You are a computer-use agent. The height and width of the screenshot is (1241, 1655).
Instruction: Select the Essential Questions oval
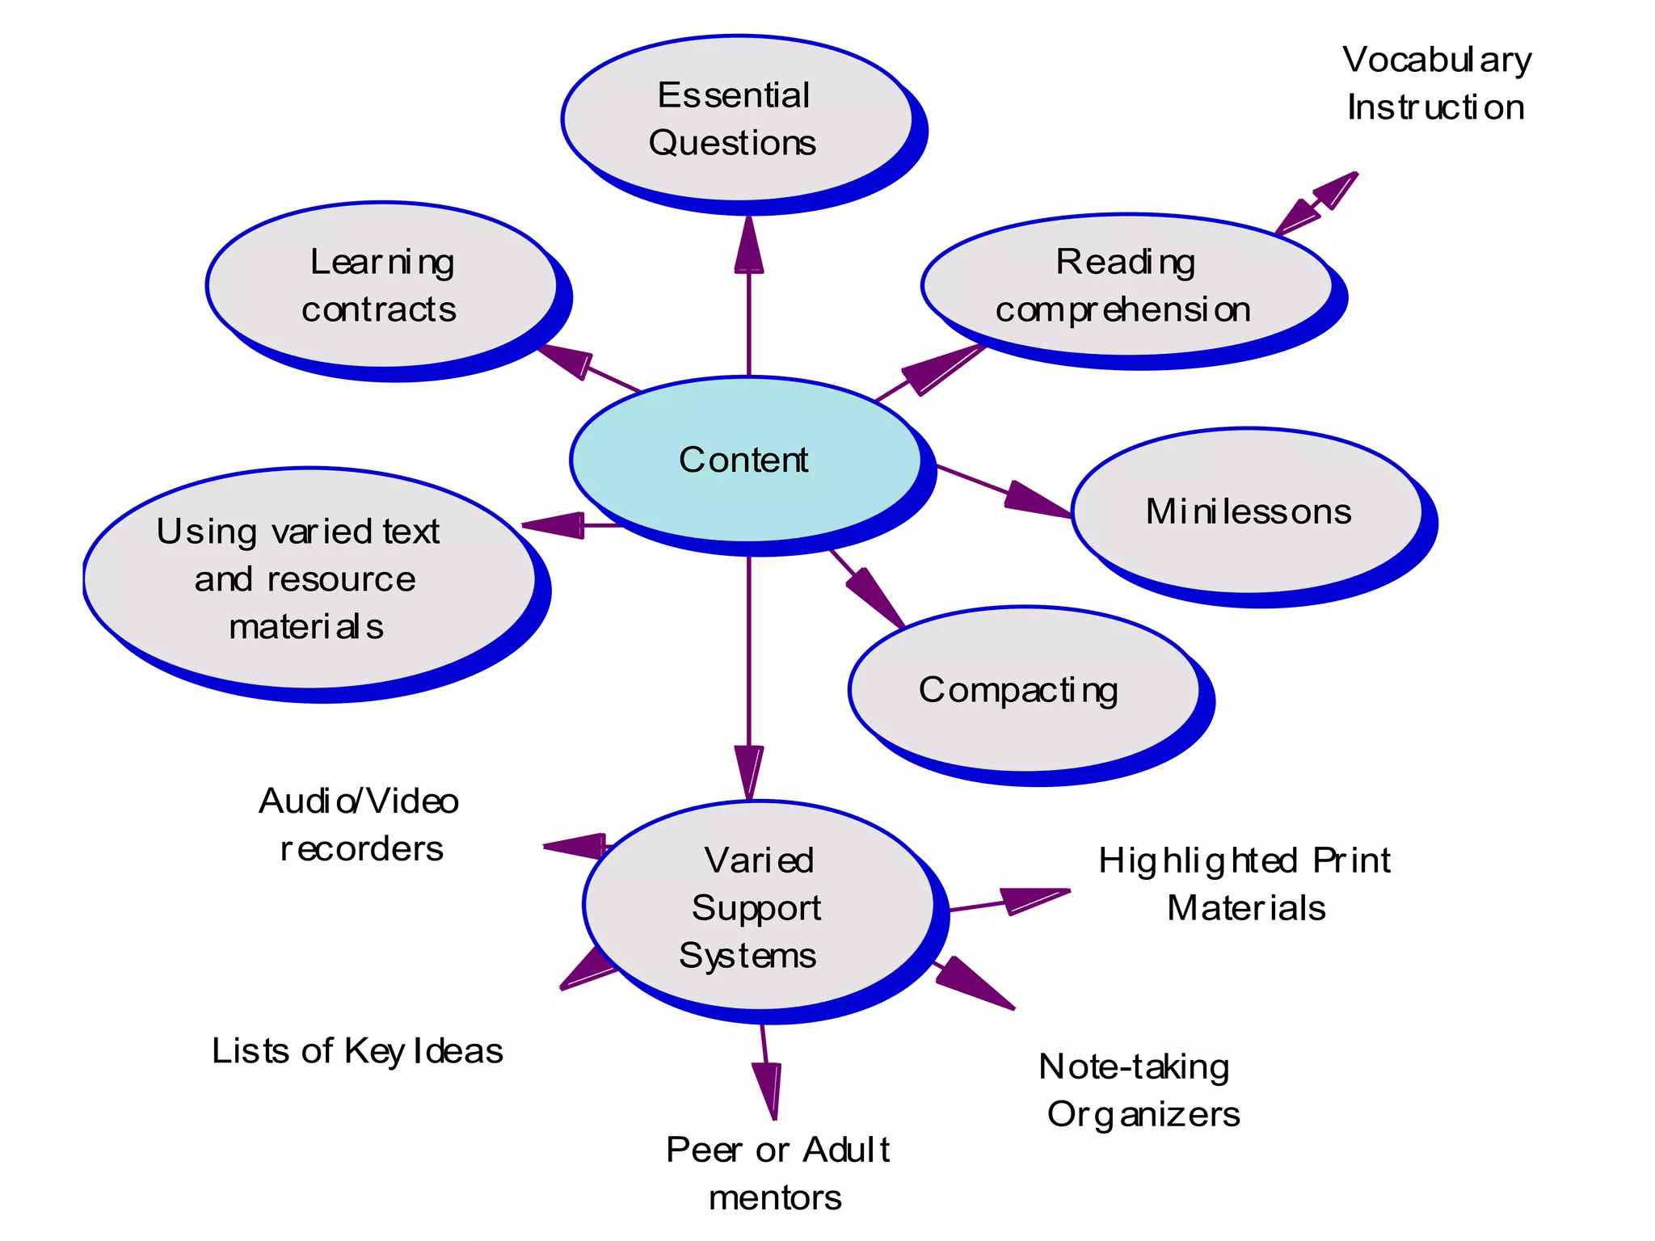(736, 119)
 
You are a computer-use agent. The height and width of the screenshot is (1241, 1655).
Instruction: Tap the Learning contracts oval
(381, 285)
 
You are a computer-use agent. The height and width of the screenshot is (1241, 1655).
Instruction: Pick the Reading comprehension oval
(1126, 285)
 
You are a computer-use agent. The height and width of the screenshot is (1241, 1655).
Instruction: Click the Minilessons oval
(1247, 511)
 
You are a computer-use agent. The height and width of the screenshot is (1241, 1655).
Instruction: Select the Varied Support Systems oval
(757, 907)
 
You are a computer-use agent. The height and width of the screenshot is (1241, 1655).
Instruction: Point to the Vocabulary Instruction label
(1436, 83)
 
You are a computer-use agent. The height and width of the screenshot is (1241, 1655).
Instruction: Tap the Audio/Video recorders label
(360, 825)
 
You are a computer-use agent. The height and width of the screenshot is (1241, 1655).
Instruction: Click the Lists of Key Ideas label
(357, 1051)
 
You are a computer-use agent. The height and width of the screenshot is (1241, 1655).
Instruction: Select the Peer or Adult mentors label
(777, 1173)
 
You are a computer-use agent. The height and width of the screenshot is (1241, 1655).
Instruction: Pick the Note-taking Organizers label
(1139, 1090)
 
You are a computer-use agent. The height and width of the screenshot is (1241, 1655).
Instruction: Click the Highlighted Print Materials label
(1245, 884)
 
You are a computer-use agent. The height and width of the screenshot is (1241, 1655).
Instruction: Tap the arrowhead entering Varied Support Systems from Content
(749, 771)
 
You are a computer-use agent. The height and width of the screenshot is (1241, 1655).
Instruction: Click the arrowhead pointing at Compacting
(878, 599)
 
